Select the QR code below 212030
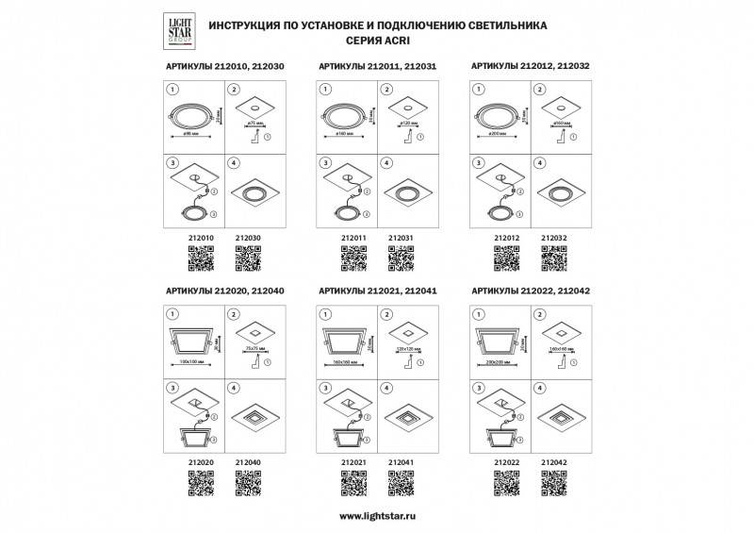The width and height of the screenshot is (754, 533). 247,257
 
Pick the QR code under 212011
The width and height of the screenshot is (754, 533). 352,257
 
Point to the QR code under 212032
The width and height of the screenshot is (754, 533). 553,257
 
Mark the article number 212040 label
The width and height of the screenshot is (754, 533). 247,462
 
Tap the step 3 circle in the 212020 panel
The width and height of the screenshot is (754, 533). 172,387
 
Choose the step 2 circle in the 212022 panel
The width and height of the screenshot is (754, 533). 539,313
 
